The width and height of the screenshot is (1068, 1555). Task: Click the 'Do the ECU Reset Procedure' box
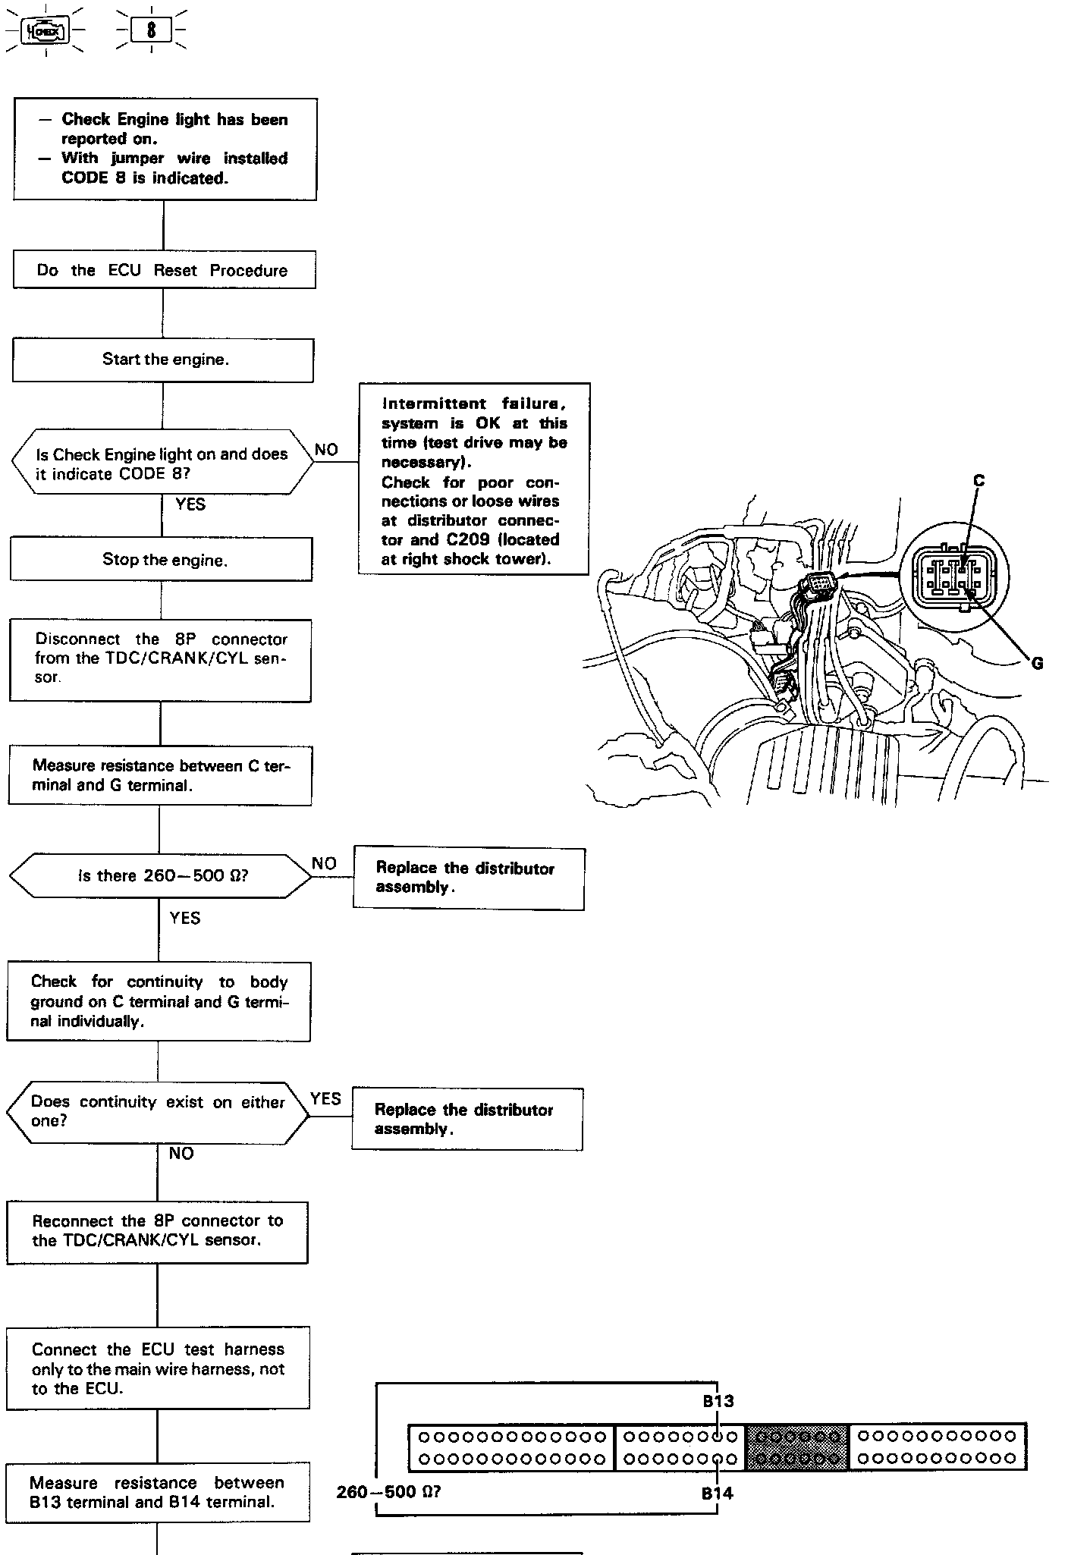point(164,270)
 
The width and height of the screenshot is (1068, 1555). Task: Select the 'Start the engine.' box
point(164,360)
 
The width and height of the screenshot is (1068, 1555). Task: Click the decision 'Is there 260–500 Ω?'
point(161,876)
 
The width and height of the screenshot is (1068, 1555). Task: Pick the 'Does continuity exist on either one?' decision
point(158,1112)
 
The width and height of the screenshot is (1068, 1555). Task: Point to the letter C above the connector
point(978,481)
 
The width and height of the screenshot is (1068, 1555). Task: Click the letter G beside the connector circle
point(1037,664)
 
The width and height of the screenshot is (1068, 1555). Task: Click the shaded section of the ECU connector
point(796,1447)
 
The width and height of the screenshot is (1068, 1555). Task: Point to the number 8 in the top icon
point(152,30)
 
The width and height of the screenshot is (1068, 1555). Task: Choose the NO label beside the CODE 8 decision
point(326,450)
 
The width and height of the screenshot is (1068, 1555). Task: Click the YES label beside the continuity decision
point(326,1098)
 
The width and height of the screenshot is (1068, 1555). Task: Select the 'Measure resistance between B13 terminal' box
point(158,1492)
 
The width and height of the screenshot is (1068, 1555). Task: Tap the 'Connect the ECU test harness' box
point(158,1368)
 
